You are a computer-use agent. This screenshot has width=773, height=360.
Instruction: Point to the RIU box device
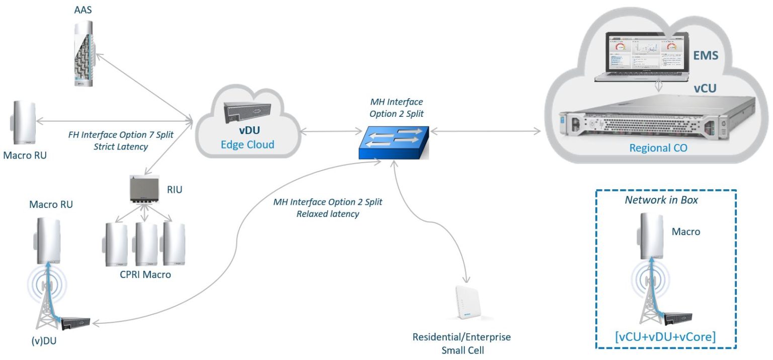click(x=144, y=190)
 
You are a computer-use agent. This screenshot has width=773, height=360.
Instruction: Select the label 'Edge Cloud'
click(x=248, y=145)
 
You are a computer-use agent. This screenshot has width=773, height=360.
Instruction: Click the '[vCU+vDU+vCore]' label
click(x=665, y=337)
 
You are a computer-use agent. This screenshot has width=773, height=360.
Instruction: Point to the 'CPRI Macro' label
click(x=145, y=275)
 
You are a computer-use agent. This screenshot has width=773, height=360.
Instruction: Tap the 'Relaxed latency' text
click(x=328, y=214)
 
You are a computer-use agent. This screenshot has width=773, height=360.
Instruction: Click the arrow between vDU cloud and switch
click(x=328, y=133)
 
